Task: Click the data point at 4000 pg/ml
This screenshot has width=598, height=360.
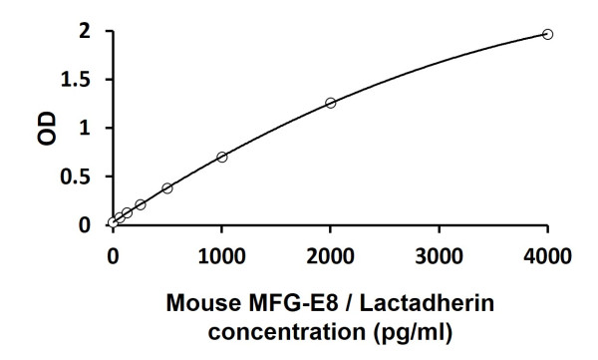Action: pos(547,34)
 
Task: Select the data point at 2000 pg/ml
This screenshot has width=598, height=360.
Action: pos(331,103)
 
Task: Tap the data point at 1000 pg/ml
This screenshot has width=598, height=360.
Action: pos(221,157)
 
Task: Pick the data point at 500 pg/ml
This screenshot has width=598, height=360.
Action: pos(167,187)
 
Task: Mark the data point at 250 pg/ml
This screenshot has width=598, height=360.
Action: pos(141,204)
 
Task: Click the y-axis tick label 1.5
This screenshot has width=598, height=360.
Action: pos(79,80)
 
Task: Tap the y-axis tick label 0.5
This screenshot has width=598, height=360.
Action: pos(79,177)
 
